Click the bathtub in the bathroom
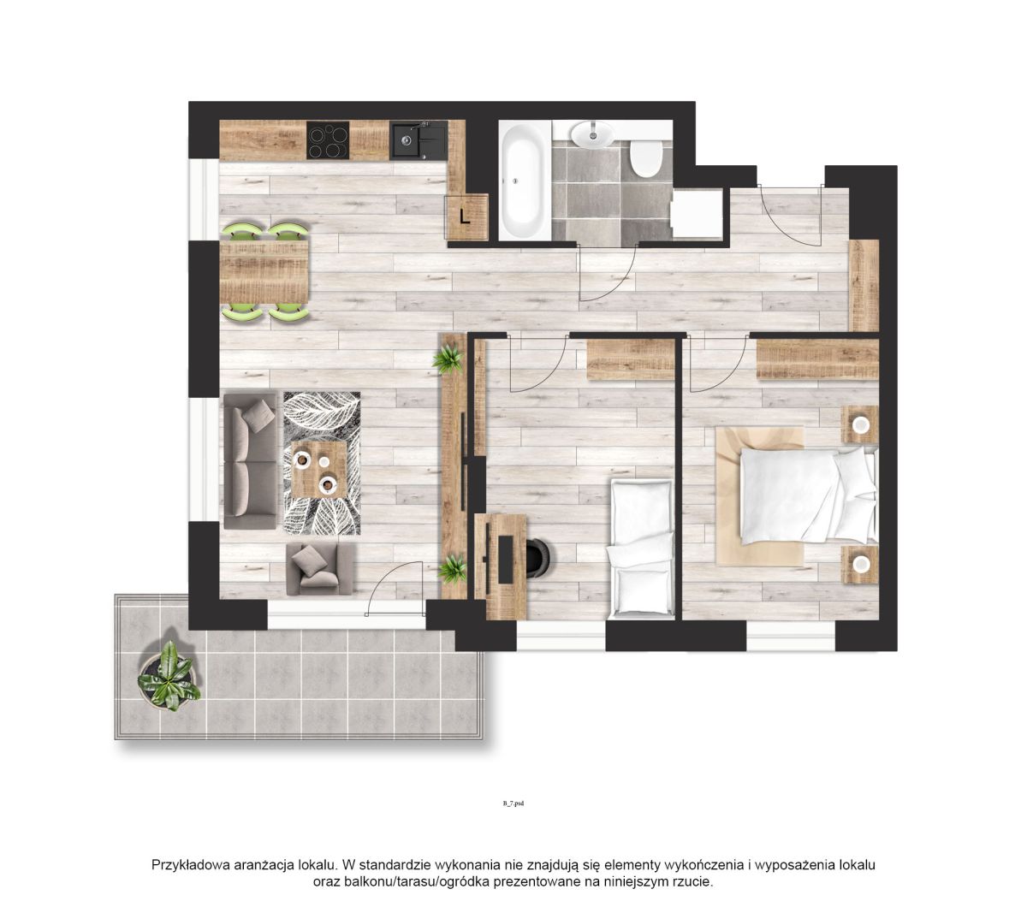(x=525, y=180)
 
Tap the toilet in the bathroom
(x=646, y=158)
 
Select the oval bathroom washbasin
(x=592, y=133)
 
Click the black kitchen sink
(x=419, y=139)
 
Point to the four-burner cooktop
(x=328, y=140)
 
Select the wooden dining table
(x=264, y=272)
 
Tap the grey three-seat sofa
(x=251, y=460)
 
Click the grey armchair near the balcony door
(x=319, y=569)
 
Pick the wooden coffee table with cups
(x=319, y=469)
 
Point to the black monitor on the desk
(x=506, y=559)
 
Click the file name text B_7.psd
(x=513, y=803)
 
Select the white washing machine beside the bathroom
(x=697, y=213)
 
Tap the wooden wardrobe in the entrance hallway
(x=864, y=286)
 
